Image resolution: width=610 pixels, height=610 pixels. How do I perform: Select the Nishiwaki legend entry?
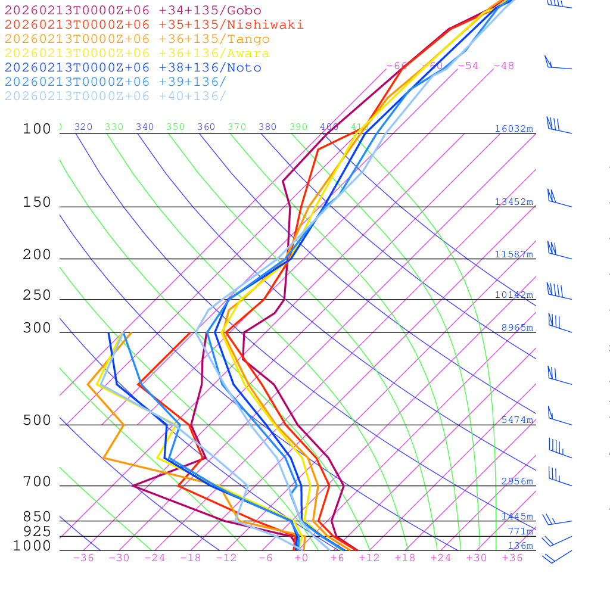tap(154, 24)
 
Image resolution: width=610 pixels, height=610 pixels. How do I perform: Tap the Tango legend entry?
tap(137, 39)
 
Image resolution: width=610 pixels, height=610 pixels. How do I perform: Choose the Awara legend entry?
tap(137, 53)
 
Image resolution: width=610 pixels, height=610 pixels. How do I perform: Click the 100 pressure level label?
tap(37, 129)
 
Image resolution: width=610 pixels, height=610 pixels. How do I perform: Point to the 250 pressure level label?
tap(37, 295)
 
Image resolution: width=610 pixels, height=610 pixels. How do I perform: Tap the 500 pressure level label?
tap(37, 421)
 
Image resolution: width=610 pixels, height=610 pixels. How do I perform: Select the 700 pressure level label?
tap(37, 481)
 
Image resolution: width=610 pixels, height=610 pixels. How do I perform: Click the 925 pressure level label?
tap(37, 531)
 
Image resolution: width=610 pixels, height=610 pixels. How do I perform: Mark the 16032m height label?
tap(513, 129)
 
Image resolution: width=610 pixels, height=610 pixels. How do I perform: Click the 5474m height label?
tap(517, 420)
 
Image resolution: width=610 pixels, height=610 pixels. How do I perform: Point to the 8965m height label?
tap(517, 328)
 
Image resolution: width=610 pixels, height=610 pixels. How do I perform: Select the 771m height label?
tap(520, 531)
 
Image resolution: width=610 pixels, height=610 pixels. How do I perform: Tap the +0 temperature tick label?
tap(301, 558)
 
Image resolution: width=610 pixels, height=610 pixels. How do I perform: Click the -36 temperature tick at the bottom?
tap(83, 558)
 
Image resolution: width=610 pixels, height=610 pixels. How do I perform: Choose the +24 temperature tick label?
tap(441, 558)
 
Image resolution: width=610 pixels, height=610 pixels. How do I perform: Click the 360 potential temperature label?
tap(206, 127)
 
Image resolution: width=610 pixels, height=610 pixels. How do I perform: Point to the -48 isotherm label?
tap(503, 66)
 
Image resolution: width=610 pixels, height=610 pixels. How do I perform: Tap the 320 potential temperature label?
tap(83, 127)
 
